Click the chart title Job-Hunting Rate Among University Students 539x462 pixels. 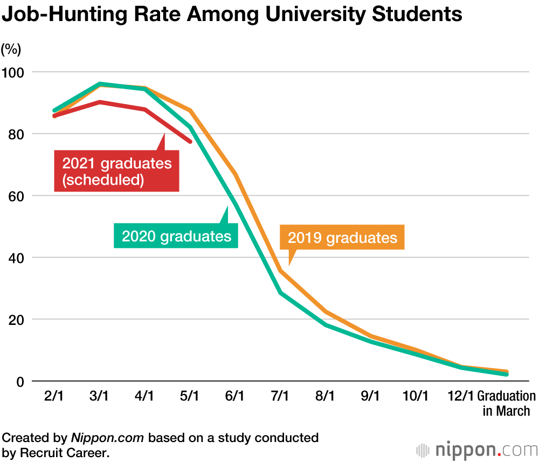(x=232, y=15)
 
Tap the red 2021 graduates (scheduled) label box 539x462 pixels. (x=116, y=171)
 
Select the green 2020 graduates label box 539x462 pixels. (x=176, y=236)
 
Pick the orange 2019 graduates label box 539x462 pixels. (x=342, y=237)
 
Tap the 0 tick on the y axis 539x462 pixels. (x=20, y=381)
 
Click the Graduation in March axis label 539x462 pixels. (x=507, y=403)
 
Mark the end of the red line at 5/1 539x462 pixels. (x=190, y=141)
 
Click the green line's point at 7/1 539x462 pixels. (x=280, y=293)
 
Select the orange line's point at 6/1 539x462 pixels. (x=236, y=174)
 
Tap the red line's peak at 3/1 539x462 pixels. (x=100, y=102)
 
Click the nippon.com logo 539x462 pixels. (x=476, y=449)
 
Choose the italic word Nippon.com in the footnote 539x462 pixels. (x=107, y=438)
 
